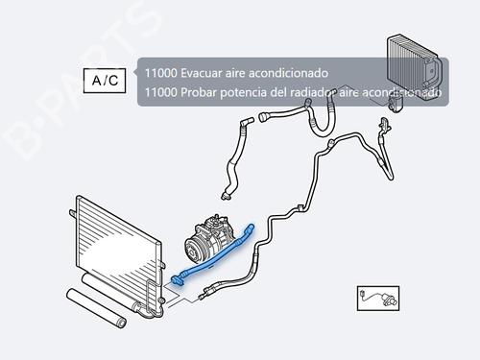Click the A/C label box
(x=105, y=81)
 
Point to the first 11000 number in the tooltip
(x=161, y=73)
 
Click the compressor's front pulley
(x=193, y=251)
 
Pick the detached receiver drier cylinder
(x=96, y=308)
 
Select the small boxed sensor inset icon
(x=378, y=299)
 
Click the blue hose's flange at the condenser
(x=177, y=279)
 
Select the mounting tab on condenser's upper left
(x=73, y=214)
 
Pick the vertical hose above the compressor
(x=235, y=157)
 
